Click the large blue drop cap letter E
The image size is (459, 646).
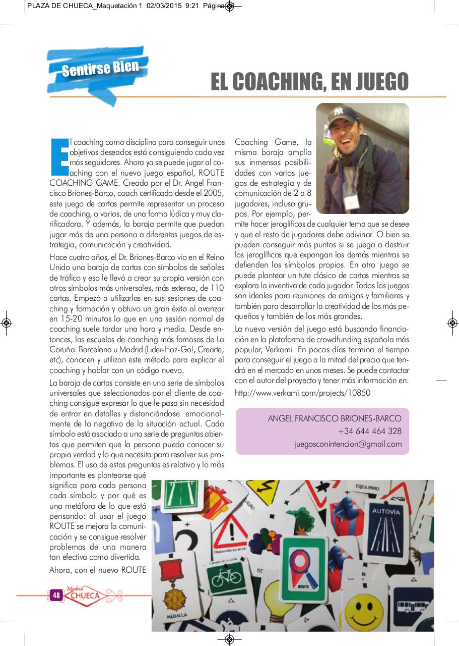click(x=60, y=151)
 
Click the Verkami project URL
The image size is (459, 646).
click(x=302, y=392)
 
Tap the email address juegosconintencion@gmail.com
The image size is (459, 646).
click(x=348, y=444)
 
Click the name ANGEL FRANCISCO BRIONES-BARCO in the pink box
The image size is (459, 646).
click(x=335, y=418)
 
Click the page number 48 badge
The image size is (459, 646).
click(x=56, y=596)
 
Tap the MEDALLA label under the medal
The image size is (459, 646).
click(x=175, y=616)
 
